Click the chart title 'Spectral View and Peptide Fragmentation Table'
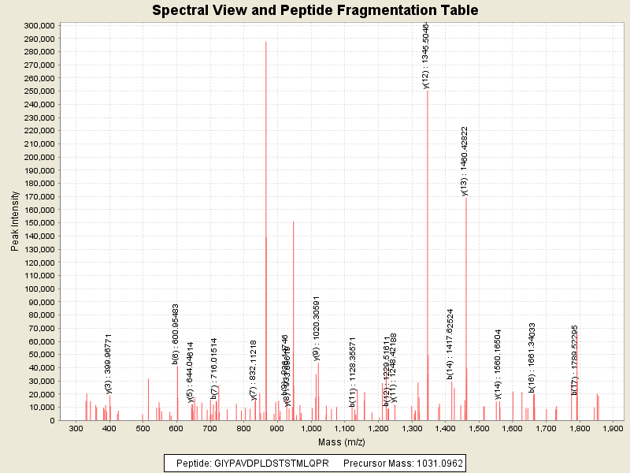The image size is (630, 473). [x=315, y=10]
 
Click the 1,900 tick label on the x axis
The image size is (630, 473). [x=613, y=428]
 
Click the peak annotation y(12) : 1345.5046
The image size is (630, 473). [x=426, y=55]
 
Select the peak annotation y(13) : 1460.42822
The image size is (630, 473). [x=465, y=160]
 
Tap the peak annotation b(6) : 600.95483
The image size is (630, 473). [x=176, y=334]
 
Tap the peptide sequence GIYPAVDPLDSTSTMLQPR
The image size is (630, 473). [x=272, y=463]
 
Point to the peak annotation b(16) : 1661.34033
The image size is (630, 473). [x=532, y=357]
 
